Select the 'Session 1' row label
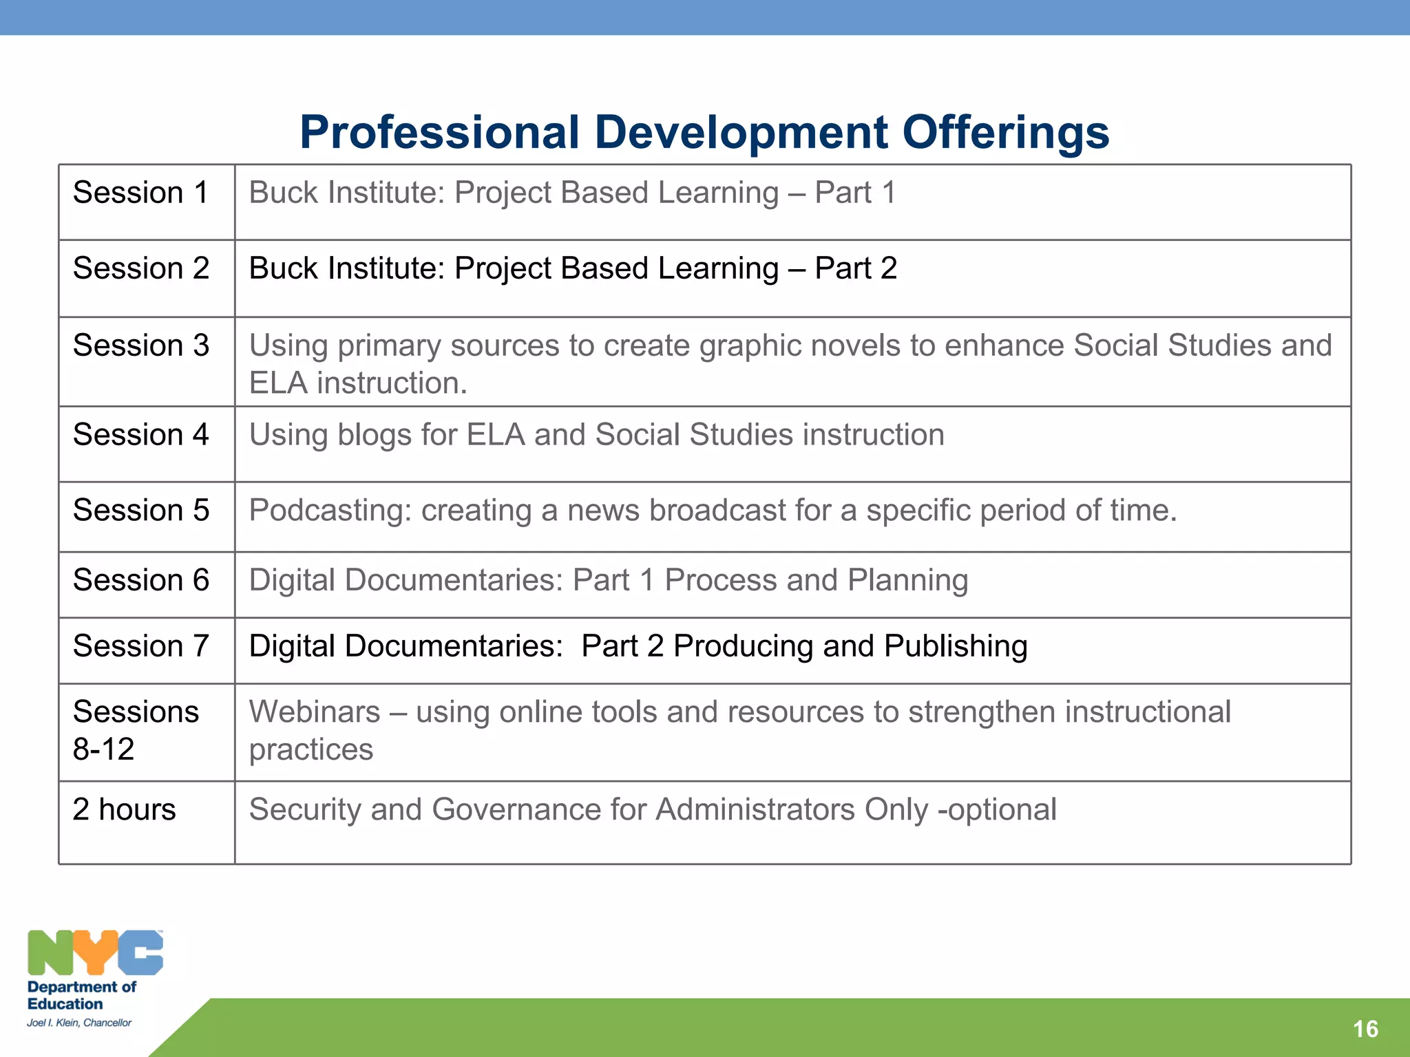point(140,193)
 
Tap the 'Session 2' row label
point(140,268)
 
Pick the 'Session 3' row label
point(140,345)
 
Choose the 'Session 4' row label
point(140,435)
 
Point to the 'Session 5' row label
point(140,511)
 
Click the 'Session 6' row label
point(140,580)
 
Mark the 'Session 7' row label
point(140,646)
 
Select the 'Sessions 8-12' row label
point(136,730)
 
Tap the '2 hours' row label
point(124,809)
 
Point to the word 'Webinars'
point(315,712)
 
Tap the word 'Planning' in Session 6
point(907,580)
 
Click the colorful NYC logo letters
point(95,952)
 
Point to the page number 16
point(1365,1029)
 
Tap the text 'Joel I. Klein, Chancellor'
point(79,1023)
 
